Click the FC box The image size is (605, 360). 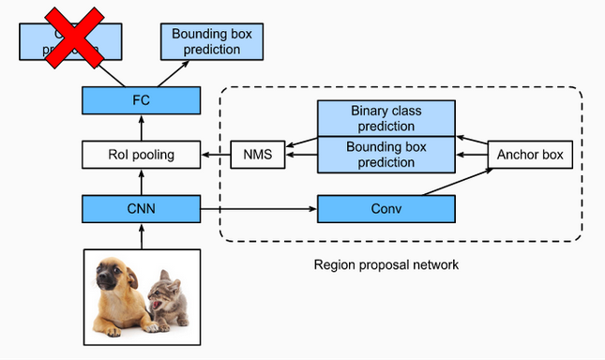tap(141, 98)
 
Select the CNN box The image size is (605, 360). tap(141, 208)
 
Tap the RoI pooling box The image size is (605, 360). tap(141, 153)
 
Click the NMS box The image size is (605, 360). tap(257, 154)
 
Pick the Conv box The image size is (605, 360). tap(386, 208)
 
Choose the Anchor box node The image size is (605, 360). tap(530, 154)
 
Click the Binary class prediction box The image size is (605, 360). tap(386, 118)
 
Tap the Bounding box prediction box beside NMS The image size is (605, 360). tap(386, 155)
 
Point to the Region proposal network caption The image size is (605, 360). tap(386, 265)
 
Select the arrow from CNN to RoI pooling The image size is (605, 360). tap(141, 181)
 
